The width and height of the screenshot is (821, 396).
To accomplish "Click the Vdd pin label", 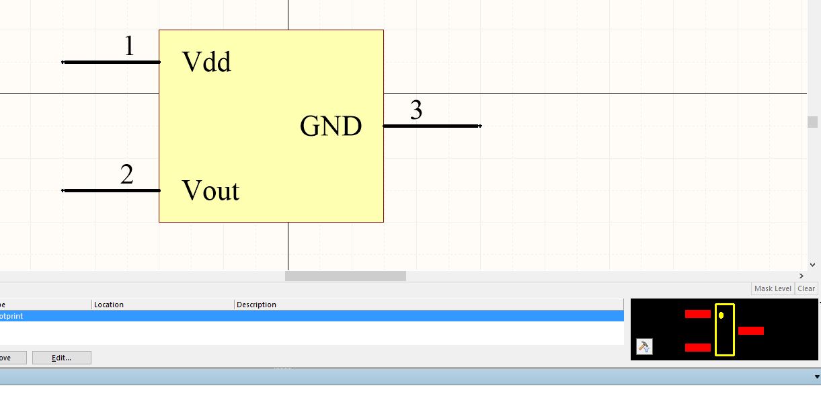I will pos(206,62).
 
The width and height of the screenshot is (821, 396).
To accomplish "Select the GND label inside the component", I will pos(331,126).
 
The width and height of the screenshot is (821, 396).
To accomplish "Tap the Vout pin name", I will pos(210,191).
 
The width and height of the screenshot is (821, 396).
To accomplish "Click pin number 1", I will pos(129,46).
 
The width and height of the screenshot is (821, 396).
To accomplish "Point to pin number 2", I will pos(127,175).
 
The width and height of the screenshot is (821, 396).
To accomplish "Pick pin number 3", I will pos(416,110).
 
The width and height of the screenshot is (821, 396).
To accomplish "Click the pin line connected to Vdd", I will pos(111,62).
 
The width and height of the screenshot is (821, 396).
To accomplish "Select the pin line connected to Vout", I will pos(111,190).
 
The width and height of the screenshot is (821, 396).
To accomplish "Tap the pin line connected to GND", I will pos(432,126).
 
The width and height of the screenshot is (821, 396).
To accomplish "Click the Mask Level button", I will pos(773,288).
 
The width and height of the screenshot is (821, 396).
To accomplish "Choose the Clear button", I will pos(806,288).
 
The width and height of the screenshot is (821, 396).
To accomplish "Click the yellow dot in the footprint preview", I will pos(721,315).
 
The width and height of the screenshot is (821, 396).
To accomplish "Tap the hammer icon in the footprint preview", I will pos(643,347).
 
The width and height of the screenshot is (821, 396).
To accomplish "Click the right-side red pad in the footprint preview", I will pos(751,331).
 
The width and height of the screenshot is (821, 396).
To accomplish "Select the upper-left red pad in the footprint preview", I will pos(698,314).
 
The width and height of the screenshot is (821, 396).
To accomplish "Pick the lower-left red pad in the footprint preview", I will pos(698,348).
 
